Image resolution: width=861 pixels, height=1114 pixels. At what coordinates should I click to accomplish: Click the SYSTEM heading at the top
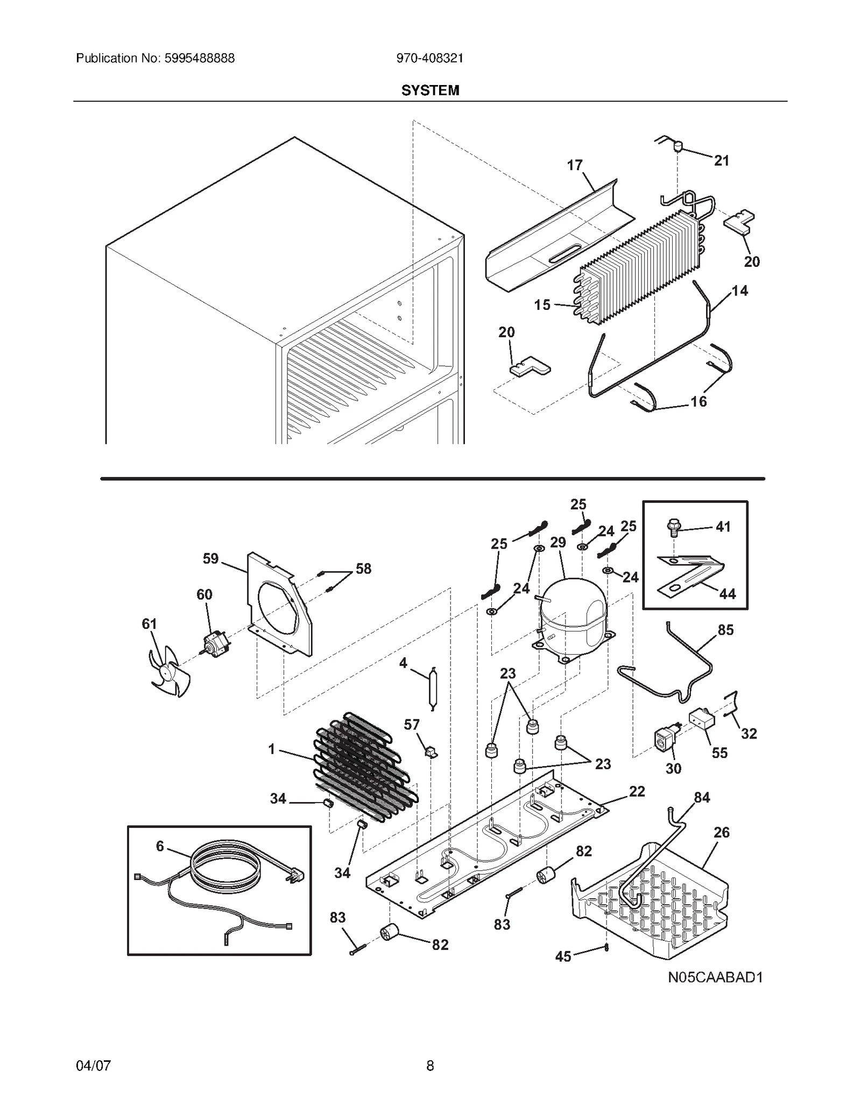point(430,90)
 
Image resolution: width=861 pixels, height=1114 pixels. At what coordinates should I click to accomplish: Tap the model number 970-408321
point(429,58)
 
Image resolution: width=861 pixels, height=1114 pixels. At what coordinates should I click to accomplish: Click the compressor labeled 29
point(573,613)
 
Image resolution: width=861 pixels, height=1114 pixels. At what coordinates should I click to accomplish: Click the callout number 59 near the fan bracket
point(210,558)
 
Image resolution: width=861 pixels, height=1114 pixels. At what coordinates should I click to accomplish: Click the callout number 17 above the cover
point(575,165)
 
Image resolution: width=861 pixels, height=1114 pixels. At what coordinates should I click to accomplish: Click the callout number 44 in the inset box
point(727,593)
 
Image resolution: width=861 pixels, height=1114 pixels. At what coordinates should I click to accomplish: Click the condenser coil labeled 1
point(363,764)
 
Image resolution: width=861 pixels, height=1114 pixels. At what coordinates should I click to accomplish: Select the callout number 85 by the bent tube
point(725,629)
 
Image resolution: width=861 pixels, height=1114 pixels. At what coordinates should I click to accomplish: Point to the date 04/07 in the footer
point(94,1065)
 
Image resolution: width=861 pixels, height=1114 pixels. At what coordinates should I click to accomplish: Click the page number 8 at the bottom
point(430,1065)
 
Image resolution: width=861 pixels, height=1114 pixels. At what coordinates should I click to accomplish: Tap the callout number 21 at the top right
point(721,160)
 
